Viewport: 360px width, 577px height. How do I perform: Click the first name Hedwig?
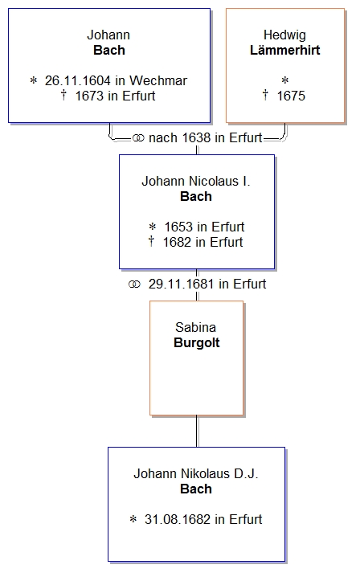pyautogui.click(x=284, y=35)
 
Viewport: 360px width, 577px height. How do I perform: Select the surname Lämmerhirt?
pyautogui.click(x=285, y=50)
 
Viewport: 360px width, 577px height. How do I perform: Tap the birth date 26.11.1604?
pyautogui.click(x=78, y=80)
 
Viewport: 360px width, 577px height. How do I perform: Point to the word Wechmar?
pyautogui.click(x=158, y=80)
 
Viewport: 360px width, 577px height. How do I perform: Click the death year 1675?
pyautogui.click(x=291, y=96)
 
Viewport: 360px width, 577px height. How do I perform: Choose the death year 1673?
pyautogui.click(x=89, y=96)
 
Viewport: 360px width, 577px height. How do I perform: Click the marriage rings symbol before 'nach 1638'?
pyautogui.click(x=138, y=138)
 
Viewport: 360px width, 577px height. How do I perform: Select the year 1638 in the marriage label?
pyautogui.click(x=196, y=138)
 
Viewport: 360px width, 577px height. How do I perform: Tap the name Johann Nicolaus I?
pyautogui.click(x=196, y=181)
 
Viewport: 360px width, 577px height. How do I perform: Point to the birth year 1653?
pyautogui.click(x=178, y=227)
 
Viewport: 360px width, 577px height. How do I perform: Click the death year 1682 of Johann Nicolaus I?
pyautogui.click(x=177, y=242)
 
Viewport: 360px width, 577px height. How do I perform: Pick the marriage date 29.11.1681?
pyautogui.click(x=181, y=284)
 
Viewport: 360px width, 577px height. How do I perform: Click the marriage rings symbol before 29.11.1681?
pyautogui.click(x=134, y=284)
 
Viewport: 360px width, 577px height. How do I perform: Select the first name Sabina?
pyautogui.click(x=195, y=327)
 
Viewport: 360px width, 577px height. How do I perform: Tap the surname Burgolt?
pyautogui.click(x=197, y=342)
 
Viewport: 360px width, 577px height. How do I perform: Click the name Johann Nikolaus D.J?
pyautogui.click(x=196, y=473)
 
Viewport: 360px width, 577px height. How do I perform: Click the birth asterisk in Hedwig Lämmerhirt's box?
pyautogui.click(x=285, y=80)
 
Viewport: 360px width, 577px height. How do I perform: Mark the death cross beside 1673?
pyautogui.click(x=63, y=96)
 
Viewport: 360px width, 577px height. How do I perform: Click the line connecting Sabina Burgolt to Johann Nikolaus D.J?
pyautogui.click(x=197, y=432)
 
